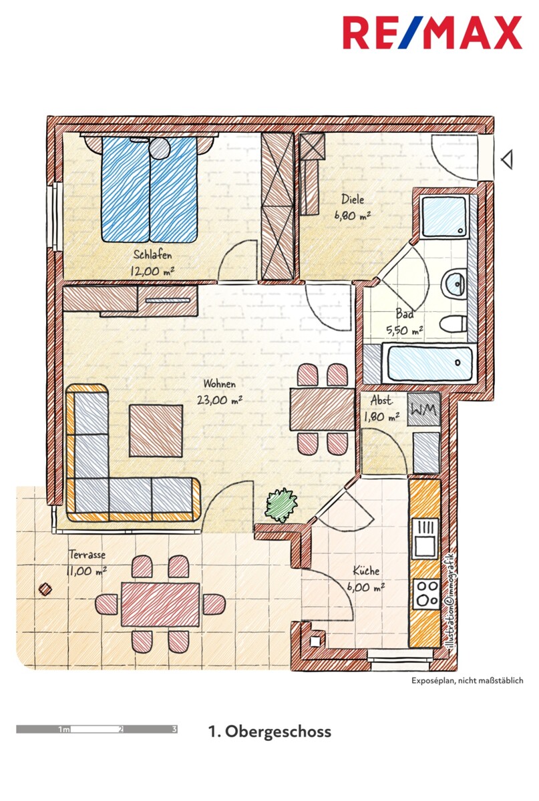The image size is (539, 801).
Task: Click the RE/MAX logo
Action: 432,33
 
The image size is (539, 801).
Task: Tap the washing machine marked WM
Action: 423,409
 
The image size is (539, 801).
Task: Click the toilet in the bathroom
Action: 453,324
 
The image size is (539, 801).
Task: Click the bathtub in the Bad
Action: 430,363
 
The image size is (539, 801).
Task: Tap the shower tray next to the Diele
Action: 445,217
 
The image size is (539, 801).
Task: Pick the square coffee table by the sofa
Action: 156,431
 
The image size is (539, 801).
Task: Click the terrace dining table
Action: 160,605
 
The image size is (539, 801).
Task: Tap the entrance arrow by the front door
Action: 507,160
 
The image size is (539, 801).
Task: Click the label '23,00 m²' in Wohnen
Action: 220,399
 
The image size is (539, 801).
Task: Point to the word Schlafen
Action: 152,254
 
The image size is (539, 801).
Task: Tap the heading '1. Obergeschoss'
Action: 270,732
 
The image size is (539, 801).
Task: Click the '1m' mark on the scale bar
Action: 64,730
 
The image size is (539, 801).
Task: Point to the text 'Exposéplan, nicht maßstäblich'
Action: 467,681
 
